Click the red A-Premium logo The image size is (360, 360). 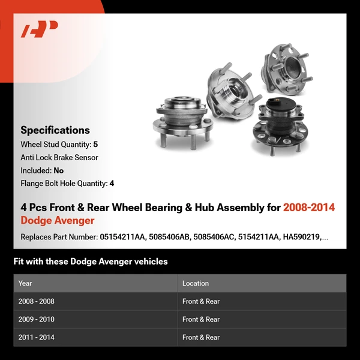(x=39, y=29)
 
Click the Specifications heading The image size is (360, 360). (x=55, y=130)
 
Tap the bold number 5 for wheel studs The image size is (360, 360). (x=95, y=145)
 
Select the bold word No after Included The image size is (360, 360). (x=58, y=170)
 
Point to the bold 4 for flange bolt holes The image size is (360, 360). (x=112, y=184)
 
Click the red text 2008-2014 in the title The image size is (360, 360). (x=309, y=208)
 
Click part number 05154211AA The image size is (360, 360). (x=123, y=237)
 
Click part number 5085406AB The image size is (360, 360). (x=170, y=237)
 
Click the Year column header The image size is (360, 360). (x=25, y=283)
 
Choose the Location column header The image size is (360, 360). (x=196, y=283)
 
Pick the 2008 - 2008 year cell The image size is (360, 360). (x=36, y=301)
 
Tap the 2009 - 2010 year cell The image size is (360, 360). (x=36, y=319)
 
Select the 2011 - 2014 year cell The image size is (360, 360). (x=36, y=337)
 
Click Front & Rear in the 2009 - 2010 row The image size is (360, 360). (x=201, y=319)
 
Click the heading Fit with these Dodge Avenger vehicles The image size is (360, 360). (x=91, y=262)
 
